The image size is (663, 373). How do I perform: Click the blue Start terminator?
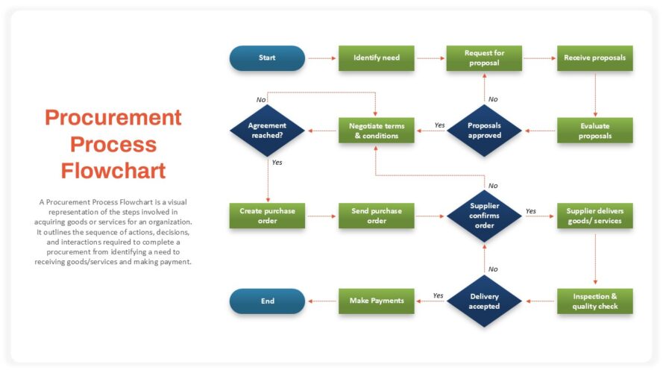[267, 58]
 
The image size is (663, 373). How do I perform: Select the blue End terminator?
[267, 301]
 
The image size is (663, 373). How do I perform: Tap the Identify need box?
[376, 58]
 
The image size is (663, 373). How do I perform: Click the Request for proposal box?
[484, 58]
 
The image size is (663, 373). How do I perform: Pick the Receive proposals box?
[594, 58]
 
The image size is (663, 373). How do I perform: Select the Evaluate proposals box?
[594, 131]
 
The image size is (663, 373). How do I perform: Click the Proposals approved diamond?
[484, 131]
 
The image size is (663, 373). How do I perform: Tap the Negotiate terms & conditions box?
[376, 131]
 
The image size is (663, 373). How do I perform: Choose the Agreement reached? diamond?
[267, 131]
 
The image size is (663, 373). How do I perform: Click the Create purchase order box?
[267, 216]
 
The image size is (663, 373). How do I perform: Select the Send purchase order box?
[376, 216]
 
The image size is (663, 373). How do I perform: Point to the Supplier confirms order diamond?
[484, 216]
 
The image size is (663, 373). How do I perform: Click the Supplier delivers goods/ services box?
[594, 216]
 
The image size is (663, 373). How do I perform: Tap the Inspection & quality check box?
[594, 301]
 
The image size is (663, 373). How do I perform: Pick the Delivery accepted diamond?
[484, 301]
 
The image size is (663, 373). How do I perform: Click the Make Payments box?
[376, 301]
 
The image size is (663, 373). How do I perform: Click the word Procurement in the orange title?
[113, 118]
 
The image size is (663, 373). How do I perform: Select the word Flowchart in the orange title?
[113, 170]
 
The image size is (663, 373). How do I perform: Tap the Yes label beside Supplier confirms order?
[530, 211]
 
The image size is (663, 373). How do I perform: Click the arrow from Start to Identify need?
[321, 58]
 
